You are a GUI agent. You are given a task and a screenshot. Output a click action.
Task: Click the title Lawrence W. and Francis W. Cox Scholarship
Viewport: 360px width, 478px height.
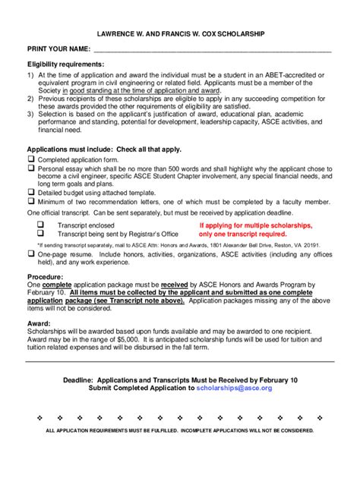(180, 35)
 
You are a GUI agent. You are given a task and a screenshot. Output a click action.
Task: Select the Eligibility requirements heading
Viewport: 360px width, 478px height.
(66, 64)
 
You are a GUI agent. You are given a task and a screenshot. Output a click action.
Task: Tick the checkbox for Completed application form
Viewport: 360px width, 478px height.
(31, 160)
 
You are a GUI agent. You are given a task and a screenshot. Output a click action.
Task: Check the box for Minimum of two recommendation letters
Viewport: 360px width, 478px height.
(31, 203)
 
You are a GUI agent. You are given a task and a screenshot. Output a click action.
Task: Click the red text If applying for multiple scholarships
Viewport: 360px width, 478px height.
(255, 226)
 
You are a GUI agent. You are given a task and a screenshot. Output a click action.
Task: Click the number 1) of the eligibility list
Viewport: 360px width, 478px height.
(31, 76)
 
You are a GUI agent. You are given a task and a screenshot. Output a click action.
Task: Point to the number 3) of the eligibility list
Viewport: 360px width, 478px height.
(31, 116)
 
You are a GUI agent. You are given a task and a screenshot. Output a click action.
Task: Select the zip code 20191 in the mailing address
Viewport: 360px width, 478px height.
(309, 246)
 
